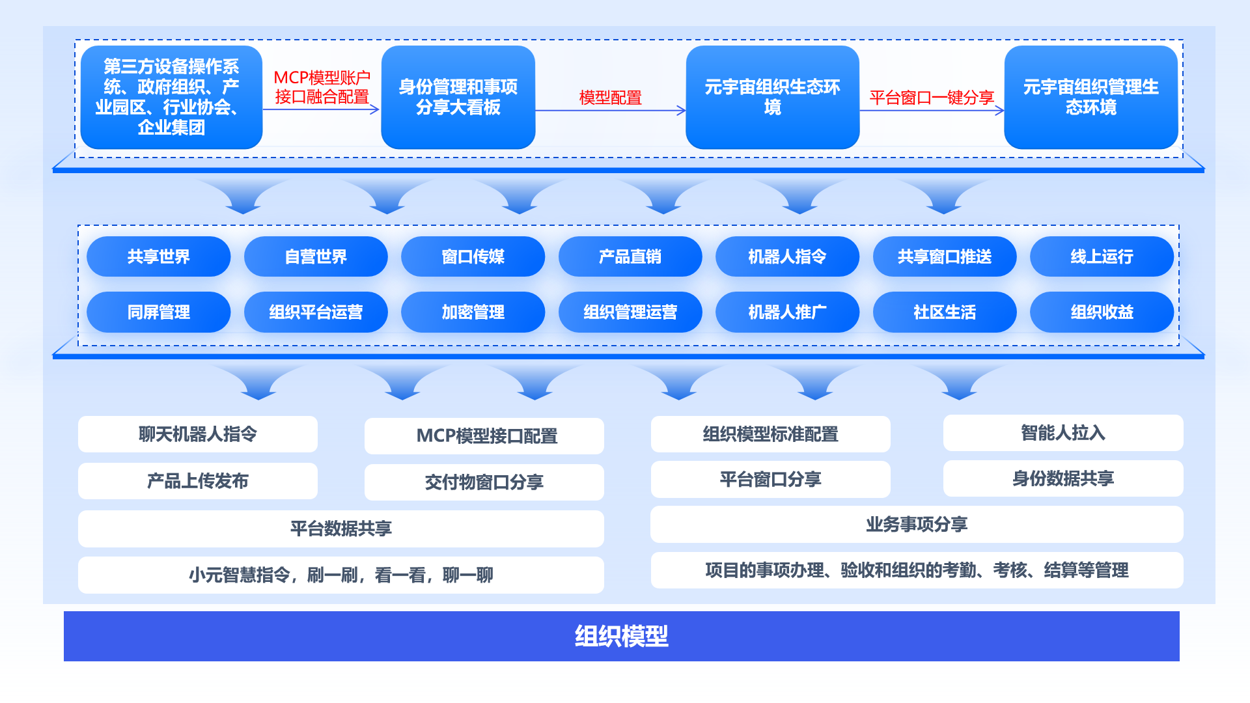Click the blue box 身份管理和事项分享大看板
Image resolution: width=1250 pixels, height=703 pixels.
[458, 97]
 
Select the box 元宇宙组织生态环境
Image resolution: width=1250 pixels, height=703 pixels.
[772, 97]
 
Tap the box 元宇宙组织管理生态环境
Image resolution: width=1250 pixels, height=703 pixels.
[1090, 97]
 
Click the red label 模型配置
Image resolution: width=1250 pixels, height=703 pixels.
[610, 98]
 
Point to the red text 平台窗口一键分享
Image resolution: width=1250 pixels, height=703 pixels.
[931, 98]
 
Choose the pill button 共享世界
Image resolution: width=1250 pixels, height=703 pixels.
[158, 256]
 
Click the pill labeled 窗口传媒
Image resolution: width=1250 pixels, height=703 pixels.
[473, 256]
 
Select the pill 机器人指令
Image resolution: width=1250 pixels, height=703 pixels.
[787, 256]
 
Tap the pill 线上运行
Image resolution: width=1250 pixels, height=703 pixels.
[1102, 256]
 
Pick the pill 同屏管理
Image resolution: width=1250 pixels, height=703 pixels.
[158, 312]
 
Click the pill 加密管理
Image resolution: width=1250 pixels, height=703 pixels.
[473, 312]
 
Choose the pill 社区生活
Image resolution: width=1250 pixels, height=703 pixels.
[944, 312]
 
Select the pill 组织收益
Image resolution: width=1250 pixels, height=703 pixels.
[1102, 312]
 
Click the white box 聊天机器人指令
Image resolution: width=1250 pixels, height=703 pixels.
[197, 434]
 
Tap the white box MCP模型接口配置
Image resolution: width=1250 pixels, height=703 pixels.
[484, 436]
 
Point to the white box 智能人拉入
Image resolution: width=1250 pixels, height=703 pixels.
[1062, 433]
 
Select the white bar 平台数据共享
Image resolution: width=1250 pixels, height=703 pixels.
[340, 529]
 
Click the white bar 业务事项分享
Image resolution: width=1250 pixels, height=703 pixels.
[916, 525]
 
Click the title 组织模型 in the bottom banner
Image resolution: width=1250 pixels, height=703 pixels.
[621, 636]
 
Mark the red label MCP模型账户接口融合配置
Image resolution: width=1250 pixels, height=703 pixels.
[322, 87]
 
